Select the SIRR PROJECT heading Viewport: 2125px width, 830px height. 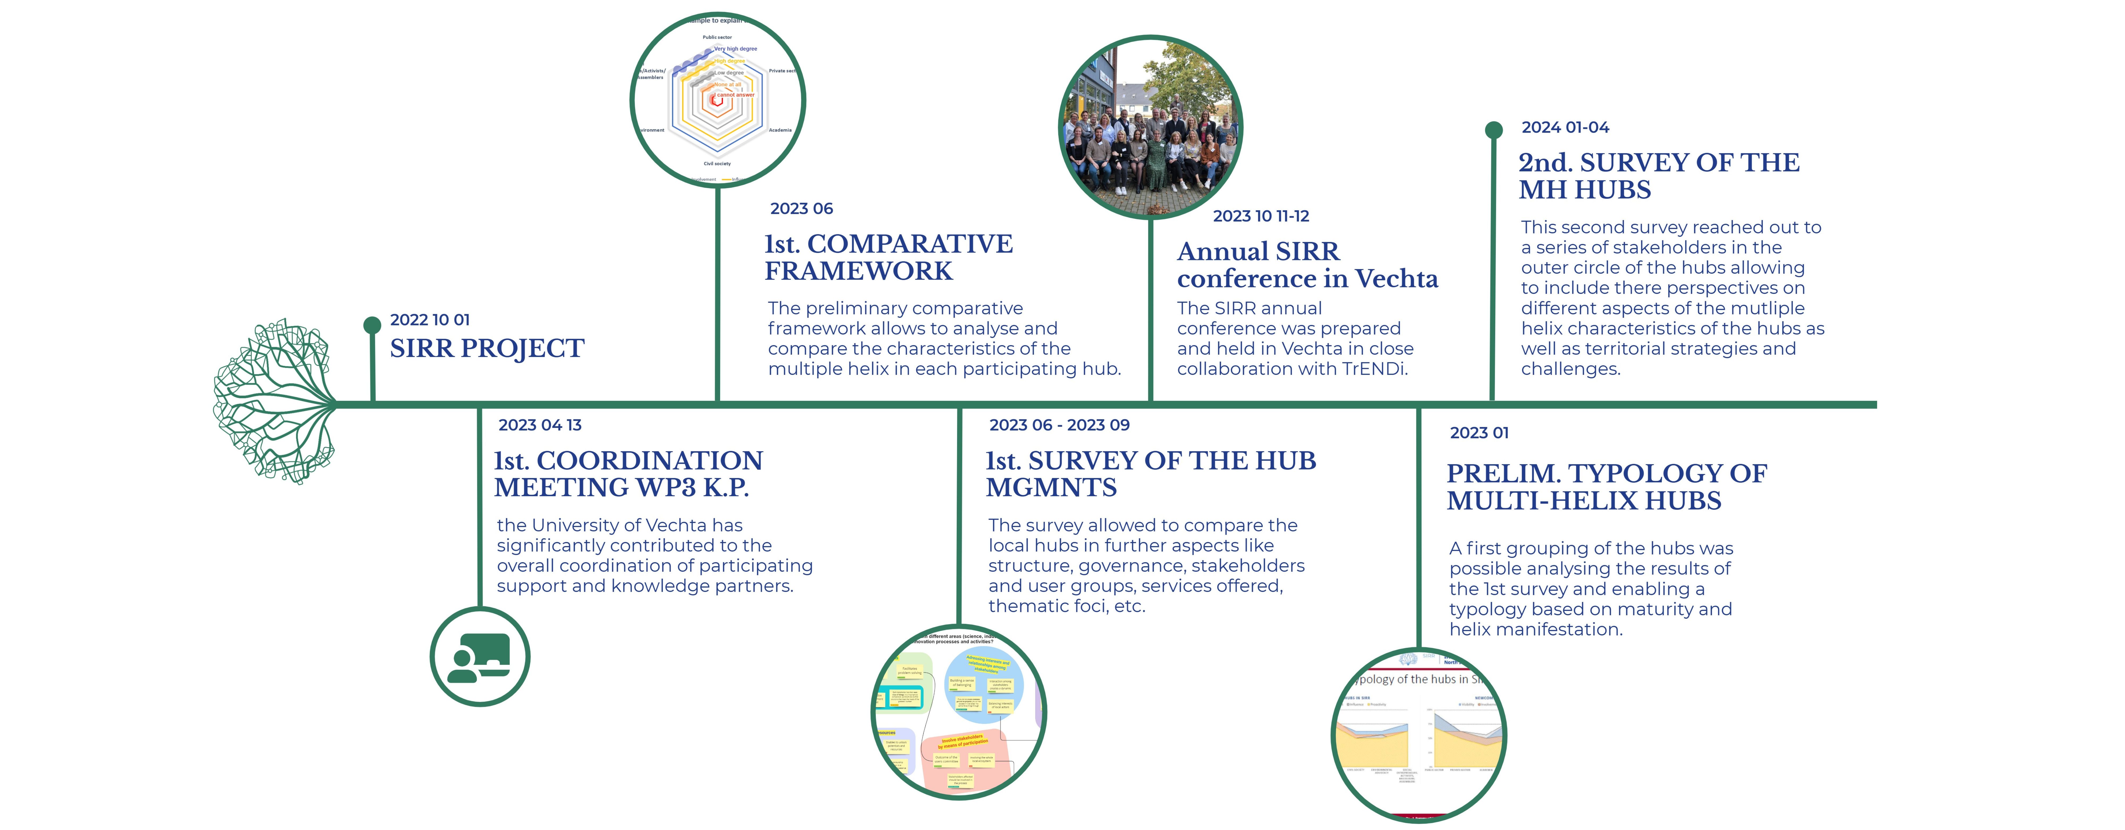pyautogui.click(x=487, y=349)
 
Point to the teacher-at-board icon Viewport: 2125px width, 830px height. pyautogui.click(x=479, y=658)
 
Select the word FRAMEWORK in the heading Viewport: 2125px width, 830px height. pyautogui.click(x=858, y=271)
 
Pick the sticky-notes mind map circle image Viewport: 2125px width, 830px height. pyautogui.click(x=959, y=712)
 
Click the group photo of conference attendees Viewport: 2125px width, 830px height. pyautogui.click(x=1150, y=128)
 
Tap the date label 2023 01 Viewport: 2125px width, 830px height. pyautogui.click(x=1479, y=433)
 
